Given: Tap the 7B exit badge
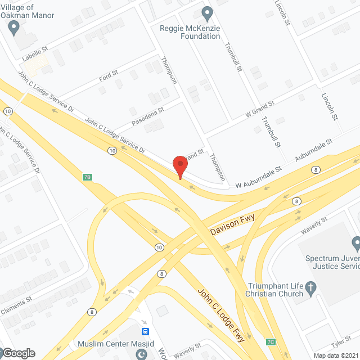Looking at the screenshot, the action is click(87, 177).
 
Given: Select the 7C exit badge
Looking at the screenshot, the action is click(271, 341).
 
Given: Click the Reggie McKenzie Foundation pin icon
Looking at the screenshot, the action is click(208, 12).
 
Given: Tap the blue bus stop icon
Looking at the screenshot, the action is click(145, 332).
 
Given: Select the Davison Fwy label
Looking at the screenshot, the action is click(232, 225).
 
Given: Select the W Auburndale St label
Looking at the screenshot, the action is click(258, 177).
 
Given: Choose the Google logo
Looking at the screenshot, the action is click(19, 353).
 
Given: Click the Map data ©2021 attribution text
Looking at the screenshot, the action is click(336, 355).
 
